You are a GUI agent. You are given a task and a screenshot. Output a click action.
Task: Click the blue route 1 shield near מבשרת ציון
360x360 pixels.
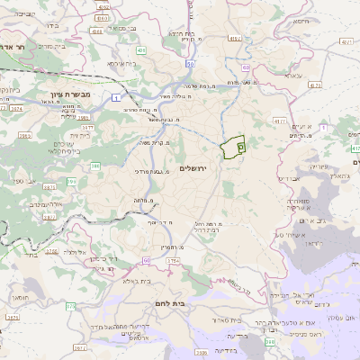pyautogui.click(x=116, y=95)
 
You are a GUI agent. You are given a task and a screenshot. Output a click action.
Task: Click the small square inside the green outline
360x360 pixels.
pyautogui.click(x=240, y=144)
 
